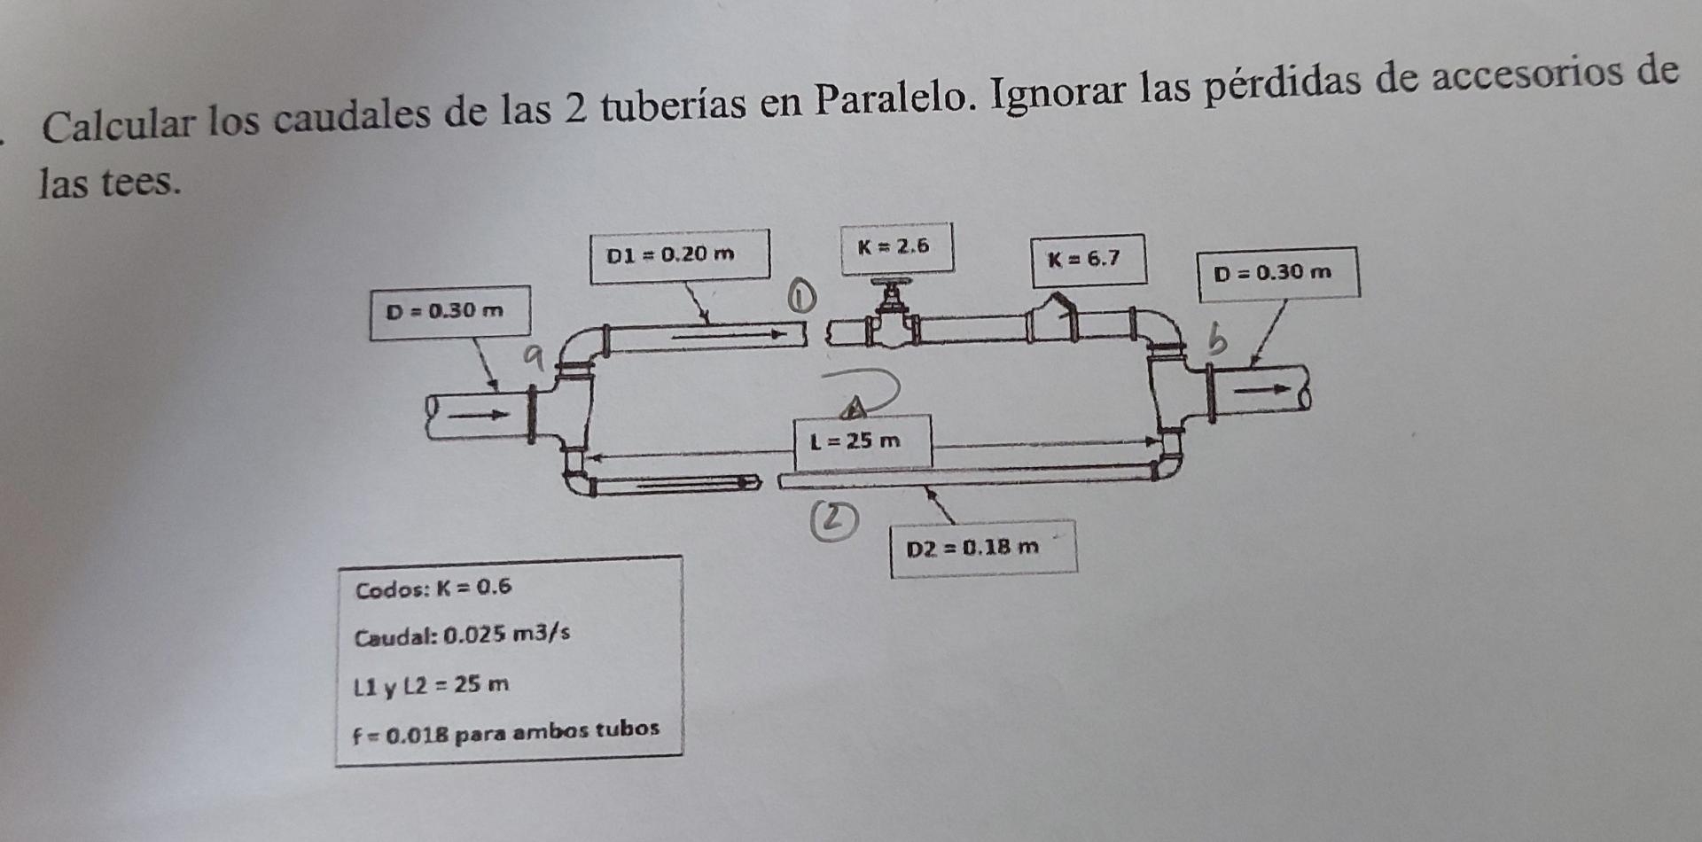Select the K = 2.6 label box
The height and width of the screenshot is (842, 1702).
[896, 247]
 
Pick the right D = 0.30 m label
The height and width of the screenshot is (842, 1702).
[1277, 273]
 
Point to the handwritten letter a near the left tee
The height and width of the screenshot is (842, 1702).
[533, 356]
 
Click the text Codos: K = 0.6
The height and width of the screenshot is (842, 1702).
[433, 588]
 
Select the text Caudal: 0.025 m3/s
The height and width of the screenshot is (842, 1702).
[462, 635]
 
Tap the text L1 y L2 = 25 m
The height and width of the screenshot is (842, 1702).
[432, 685]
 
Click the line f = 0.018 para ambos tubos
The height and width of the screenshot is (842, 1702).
[506, 732]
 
